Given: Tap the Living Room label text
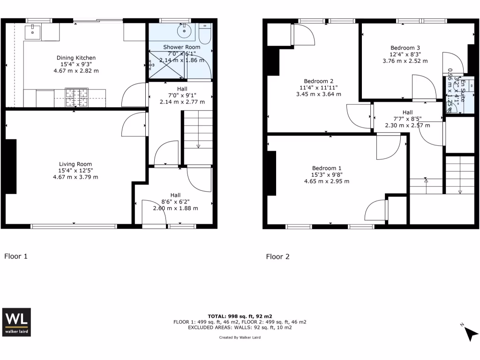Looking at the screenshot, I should point(76,164).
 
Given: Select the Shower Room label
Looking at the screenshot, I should point(181,47).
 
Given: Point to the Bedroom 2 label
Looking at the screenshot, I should point(319,81).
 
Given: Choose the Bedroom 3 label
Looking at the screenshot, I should point(405,47).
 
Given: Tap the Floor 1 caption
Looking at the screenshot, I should point(16,256).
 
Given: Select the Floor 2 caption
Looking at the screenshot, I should point(277,256).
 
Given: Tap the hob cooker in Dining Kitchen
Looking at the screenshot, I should point(76,97).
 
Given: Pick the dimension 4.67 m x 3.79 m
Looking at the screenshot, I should point(76,177).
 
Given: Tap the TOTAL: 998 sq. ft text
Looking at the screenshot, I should point(240,316).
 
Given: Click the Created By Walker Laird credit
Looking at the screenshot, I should point(240,337).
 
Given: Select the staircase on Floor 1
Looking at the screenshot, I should point(197,131).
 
